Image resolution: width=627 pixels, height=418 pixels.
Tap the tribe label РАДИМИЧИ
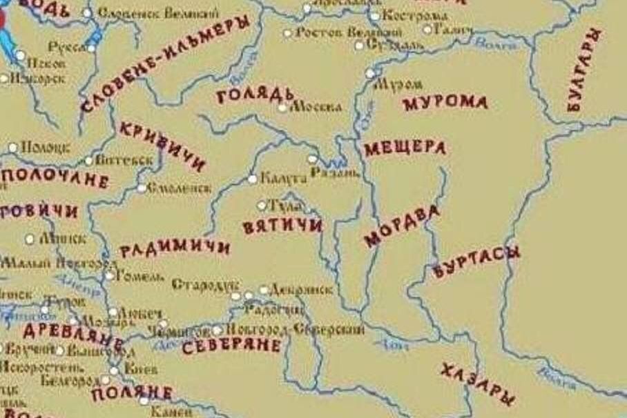(x=175, y=248)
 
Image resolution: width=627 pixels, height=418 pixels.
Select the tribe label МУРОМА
(x=445, y=103)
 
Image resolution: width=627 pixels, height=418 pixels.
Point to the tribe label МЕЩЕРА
(x=405, y=148)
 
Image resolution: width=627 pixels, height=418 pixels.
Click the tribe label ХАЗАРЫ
(x=477, y=384)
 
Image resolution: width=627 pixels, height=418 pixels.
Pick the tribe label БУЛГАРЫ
(x=583, y=69)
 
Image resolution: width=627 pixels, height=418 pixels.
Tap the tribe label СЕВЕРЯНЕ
(x=231, y=346)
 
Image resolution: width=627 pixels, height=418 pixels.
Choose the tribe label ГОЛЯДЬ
(x=255, y=95)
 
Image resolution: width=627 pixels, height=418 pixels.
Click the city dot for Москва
(x=282, y=108)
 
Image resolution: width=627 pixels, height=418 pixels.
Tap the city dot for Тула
(x=262, y=206)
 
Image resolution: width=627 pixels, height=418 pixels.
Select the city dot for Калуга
(x=253, y=179)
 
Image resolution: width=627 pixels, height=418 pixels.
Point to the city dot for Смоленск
(x=142, y=188)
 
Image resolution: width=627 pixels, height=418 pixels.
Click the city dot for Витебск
(x=88, y=161)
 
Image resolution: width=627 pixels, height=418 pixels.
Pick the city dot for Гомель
(x=110, y=276)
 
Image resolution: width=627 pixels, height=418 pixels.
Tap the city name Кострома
(x=411, y=16)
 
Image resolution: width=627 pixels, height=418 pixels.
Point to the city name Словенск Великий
(x=158, y=13)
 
